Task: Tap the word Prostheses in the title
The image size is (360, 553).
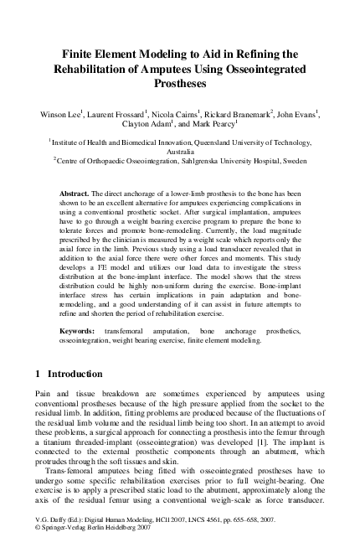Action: point(179,85)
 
